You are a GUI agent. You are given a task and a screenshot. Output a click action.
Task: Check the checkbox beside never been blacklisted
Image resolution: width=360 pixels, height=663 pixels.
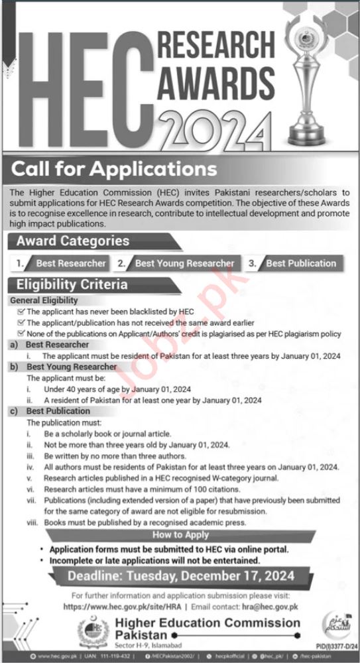[22, 311]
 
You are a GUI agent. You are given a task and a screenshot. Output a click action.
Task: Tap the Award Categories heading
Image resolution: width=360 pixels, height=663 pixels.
[73, 241]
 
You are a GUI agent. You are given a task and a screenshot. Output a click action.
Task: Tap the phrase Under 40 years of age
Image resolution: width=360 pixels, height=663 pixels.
[72, 389]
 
